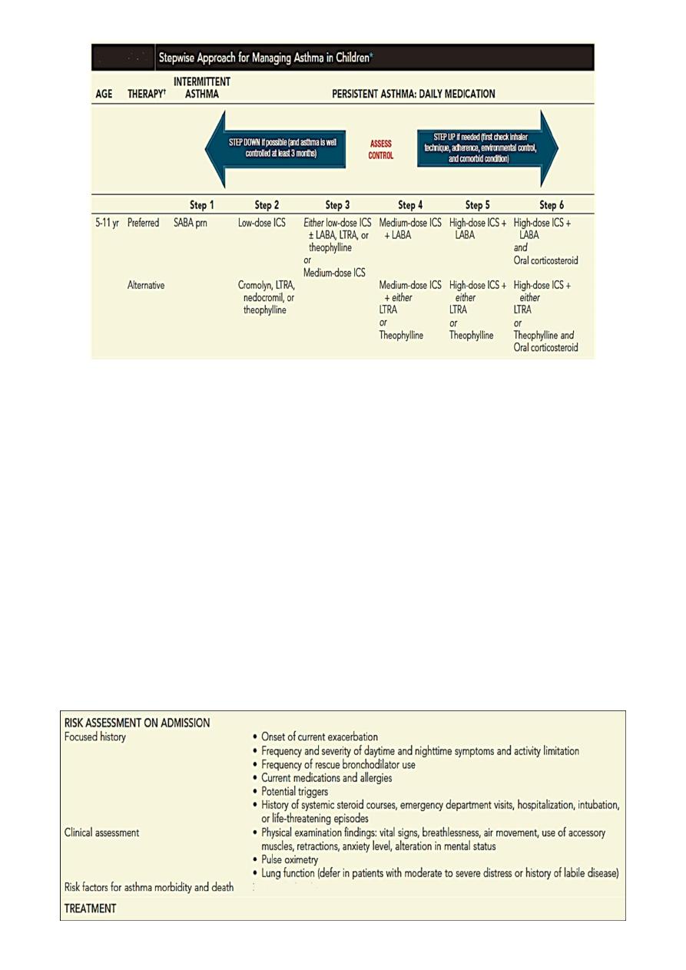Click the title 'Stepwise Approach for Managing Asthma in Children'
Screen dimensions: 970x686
pyautogui.click(x=266, y=57)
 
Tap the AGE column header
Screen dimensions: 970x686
pyautogui.click(x=103, y=94)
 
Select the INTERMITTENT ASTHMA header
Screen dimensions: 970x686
pyautogui.click(x=202, y=88)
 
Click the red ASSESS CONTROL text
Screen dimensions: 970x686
pyautogui.click(x=381, y=149)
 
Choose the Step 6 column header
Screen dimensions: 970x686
pyautogui.click(x=552, y=204)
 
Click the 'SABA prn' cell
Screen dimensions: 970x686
pyautogui.click(x=191, y=223)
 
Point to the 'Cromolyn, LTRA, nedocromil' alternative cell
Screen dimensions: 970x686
pyautogui.click(x=267, y=297)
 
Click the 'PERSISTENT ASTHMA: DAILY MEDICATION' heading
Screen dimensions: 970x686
pyautogui.click(x=413, y=94)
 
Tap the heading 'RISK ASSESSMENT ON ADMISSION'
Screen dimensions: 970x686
pyautogui.click(x=138, y=723)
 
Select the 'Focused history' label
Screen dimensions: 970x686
pyautogui.click(x=96, y=737)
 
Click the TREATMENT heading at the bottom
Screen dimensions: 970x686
pyautogui.click(x=91, y=908)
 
